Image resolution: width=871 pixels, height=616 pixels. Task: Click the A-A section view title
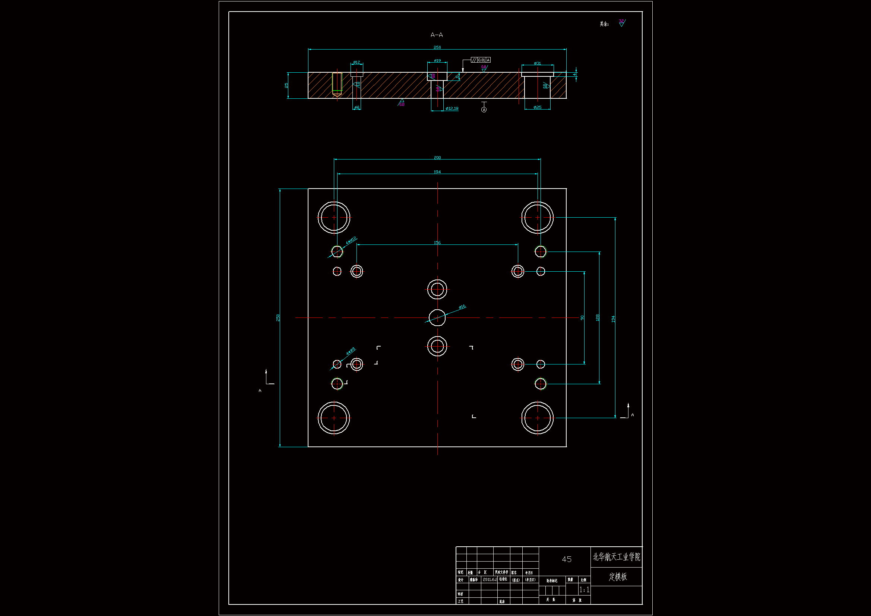click(437, 35)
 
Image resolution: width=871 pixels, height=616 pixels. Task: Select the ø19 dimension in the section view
click(437, 61)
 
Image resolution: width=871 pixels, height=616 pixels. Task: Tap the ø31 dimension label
click(537, 63)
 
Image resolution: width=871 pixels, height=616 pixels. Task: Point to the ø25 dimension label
click(537, 107)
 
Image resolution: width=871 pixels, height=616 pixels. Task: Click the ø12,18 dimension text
click(452, 108)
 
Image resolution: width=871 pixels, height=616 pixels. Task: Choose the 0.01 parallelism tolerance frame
click(481, 60)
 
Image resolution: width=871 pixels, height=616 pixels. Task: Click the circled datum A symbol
click(484, 110)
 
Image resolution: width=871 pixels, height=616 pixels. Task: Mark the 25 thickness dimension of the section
click(286, 85)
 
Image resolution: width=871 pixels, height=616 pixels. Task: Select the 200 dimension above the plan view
click(437, 158)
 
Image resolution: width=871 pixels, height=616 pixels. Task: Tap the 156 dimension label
click(437, 243)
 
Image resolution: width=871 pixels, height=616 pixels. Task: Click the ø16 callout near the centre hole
click(462, 307)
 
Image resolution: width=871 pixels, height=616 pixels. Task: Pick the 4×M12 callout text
click(351, 240)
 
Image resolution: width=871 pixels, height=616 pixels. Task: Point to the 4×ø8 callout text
click(351, 351)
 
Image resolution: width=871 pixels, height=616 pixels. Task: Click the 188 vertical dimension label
click(598, 318)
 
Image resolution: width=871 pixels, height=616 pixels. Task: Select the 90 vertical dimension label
click(582, 318)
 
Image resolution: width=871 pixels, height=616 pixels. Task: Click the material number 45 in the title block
click(566, 559)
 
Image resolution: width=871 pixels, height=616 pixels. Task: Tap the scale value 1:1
click(584, 590)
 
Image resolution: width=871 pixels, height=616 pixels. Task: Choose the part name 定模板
click(618, 576)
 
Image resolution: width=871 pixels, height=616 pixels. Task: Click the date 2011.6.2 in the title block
click(490, 579)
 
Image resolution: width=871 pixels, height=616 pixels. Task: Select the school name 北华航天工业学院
click(617, 557)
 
